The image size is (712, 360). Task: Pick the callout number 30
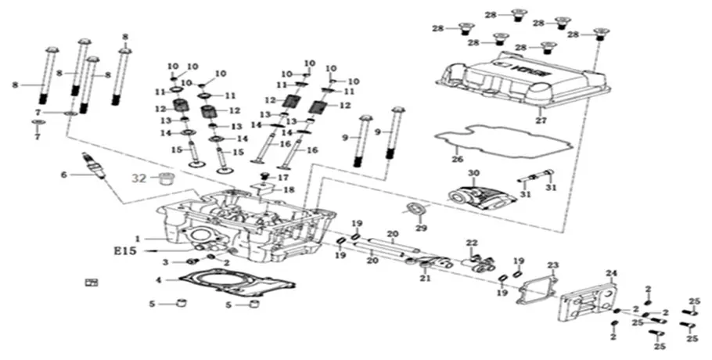pyautogui.click(x=473, y=172)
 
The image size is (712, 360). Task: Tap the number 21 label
pyautogui.click(x=425, y=278)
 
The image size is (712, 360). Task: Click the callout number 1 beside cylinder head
pyautogui.click(x=137, y=239)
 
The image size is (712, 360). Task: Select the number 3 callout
pyautogui.click(x=165, y=261)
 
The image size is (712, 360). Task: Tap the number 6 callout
pyautogui.click(x=65, y=175)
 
